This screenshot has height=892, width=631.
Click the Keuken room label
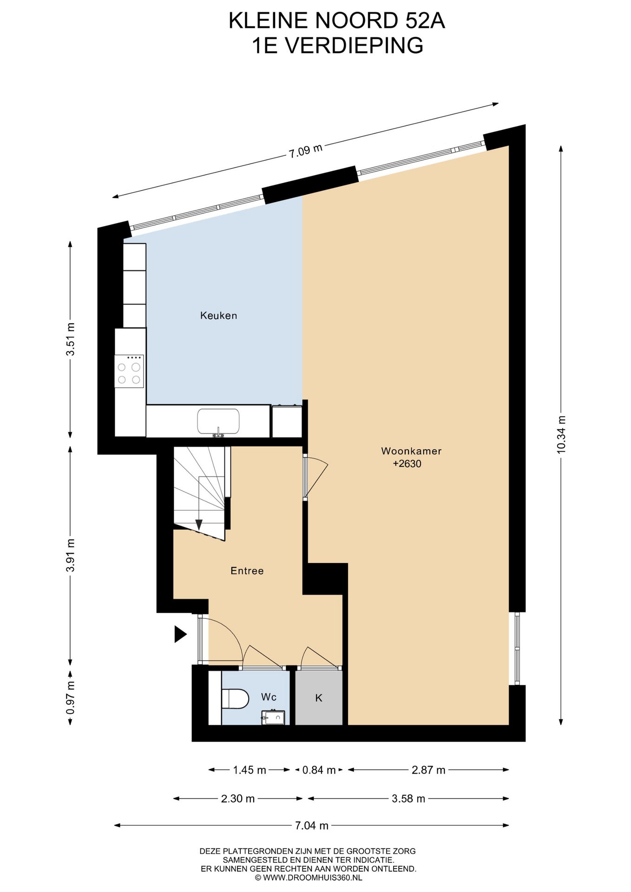(x=218, y=315)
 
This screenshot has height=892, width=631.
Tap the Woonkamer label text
(x=411, y=451)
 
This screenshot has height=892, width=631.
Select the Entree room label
(x=247, y=571)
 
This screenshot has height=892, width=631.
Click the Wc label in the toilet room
(x=269, y=697)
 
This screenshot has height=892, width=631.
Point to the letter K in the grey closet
(x=319, y=698)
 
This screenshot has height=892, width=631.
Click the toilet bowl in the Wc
(x=236, y=699)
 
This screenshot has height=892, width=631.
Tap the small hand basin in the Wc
(x=273, y=717)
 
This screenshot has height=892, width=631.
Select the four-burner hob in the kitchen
(x=129, y=371)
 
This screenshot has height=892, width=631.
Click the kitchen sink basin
(x=218, y=421)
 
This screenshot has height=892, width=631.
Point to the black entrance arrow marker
(x=180, y=634)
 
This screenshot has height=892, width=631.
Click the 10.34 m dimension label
(x=561, y=434)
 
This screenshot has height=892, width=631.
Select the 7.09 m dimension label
(x=305, y=151)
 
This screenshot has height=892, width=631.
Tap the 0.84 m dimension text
(x=319, y=770)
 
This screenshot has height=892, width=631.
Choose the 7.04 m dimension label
(x=312, y=826)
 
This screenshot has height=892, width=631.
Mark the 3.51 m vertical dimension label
(x=70, y=339)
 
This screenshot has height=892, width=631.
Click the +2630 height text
(x=407, y=464)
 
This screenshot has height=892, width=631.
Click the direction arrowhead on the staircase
(x=199, y=525)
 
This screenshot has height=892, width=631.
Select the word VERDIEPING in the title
(x=354, y=46)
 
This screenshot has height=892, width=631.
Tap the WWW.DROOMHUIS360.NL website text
(x=312, y=878)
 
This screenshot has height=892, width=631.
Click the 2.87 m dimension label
(x=428, y=770)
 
